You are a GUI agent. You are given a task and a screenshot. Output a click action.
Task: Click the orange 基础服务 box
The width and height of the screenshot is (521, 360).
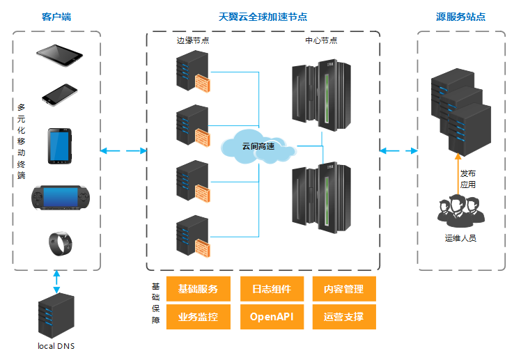click(199, 289)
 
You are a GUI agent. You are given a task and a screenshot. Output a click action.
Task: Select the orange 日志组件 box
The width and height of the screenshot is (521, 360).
click(272, 289)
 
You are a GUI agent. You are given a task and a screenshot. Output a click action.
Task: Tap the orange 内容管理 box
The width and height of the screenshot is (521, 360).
click(343, 289)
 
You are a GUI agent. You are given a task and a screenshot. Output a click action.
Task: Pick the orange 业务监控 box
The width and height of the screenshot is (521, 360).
click(199, 317)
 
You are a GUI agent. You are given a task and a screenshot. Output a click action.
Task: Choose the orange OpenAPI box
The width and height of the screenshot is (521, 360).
click(272, 317)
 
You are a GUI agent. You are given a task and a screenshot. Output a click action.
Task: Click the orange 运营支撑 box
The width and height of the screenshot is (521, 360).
click(343, 317)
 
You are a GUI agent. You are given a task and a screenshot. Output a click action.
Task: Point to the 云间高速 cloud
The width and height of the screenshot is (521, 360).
click(258, 146)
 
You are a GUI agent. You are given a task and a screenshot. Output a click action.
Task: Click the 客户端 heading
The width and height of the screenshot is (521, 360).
click(56, 16)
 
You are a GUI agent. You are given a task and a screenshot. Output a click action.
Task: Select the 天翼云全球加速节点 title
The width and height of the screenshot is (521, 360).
click(263, 16)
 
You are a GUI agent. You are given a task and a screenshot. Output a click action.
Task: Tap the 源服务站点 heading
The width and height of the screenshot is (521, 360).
click(460, 16)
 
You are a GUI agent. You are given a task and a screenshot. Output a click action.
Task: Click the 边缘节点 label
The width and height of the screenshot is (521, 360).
click(193, 41)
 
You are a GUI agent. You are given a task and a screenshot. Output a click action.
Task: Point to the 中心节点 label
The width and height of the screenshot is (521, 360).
click(321, 41)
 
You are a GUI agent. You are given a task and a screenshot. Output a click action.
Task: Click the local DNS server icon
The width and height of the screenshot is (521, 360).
click(56, 316)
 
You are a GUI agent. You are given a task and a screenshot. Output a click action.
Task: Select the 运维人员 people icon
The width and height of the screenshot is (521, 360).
click(460, 210)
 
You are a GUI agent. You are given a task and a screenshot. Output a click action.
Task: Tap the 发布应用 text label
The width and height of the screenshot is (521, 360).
click(468, 179)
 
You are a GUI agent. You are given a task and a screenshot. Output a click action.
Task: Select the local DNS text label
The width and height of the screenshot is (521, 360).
click(56, 346)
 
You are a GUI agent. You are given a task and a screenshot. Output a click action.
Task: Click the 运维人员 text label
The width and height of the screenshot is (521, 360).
click(460, 238)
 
